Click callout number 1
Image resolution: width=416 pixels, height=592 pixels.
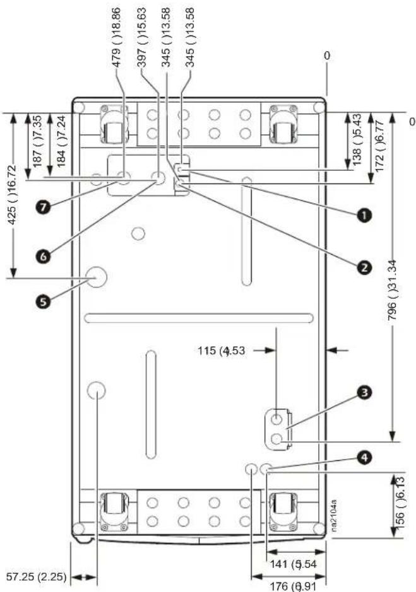point(364,215)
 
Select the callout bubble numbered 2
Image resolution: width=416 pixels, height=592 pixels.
point(364,268)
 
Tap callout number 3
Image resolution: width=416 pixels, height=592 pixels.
point(364,393)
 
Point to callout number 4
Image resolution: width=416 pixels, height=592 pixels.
point(364,458)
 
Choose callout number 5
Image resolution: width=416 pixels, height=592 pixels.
point(44,301)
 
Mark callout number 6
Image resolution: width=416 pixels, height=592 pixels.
point(44,257)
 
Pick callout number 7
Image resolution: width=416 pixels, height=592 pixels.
point(44,207)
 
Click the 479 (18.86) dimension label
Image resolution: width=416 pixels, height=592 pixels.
point(117,37)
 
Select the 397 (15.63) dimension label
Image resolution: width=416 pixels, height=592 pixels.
point(141,37)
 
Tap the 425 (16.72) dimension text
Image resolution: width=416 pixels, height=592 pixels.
point(13,194)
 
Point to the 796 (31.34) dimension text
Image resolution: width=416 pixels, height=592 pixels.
point(393,290)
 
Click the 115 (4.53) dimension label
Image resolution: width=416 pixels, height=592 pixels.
point(221,351)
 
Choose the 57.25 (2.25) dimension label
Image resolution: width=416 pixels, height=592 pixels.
point(37,576)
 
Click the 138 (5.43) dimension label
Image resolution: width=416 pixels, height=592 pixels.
point(357,139)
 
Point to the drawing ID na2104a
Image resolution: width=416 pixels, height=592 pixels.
point(334,516)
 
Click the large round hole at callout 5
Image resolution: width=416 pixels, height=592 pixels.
point(96,277)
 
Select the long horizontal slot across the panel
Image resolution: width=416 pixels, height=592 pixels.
point(199,318)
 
